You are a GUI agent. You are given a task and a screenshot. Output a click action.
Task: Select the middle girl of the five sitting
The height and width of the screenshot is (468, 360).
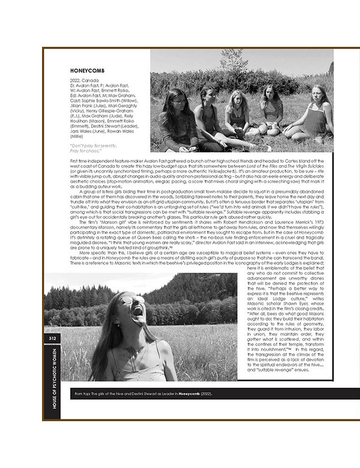click(x=237, y=111)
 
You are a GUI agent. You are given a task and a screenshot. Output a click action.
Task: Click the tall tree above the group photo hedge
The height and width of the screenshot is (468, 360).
click(x=231, y=60)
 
